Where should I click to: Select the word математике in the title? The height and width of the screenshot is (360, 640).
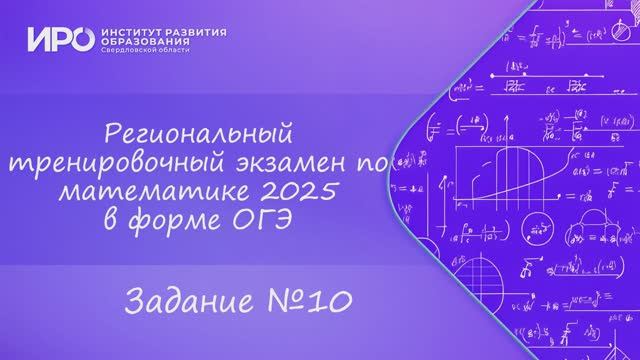point(169,190)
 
